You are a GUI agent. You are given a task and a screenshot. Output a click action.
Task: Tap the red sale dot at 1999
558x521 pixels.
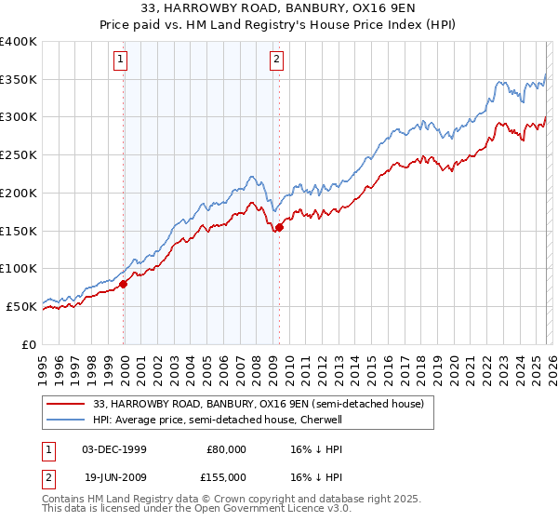124,284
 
